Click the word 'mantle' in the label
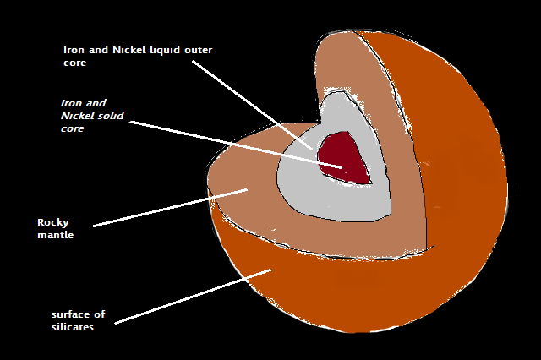coord(55,235)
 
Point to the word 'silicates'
coord(72,327)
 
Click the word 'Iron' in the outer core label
coord(74,50)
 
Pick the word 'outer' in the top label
coord(200,50)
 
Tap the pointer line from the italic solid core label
coord(237,144)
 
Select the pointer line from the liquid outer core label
coord(254,106)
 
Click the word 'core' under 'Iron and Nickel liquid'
coord(75,63)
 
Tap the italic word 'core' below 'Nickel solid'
coord(73,129)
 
